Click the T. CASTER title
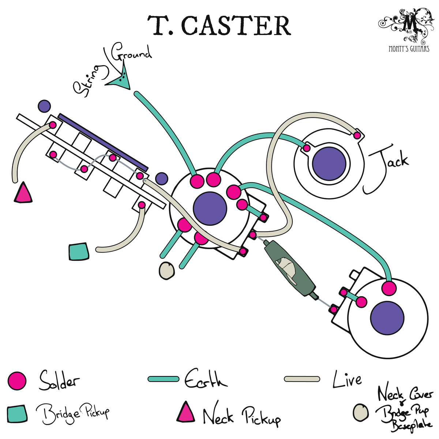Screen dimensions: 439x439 click(219, 26)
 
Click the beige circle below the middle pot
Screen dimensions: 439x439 click(167, 271)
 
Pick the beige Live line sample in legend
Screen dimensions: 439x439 click(302, 379)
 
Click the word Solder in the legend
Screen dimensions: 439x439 click(59, 380)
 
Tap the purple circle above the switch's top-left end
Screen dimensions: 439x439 click(44, 106)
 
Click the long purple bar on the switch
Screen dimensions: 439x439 click(103, 142)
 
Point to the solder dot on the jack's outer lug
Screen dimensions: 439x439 click(357, 136)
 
